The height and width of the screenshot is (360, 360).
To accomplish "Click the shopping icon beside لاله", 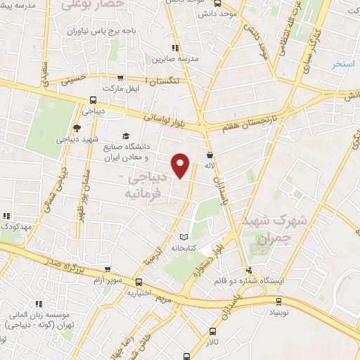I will click(x=210, y=154).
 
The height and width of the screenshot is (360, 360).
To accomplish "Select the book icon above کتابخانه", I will click(x=184, y=237).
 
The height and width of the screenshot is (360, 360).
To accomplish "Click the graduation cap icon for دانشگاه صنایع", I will click(x=126, y=136).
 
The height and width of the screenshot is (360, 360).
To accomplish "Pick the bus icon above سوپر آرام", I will click(x=107, y=269).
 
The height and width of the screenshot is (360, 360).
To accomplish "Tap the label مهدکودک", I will click(x=13, y=227).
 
